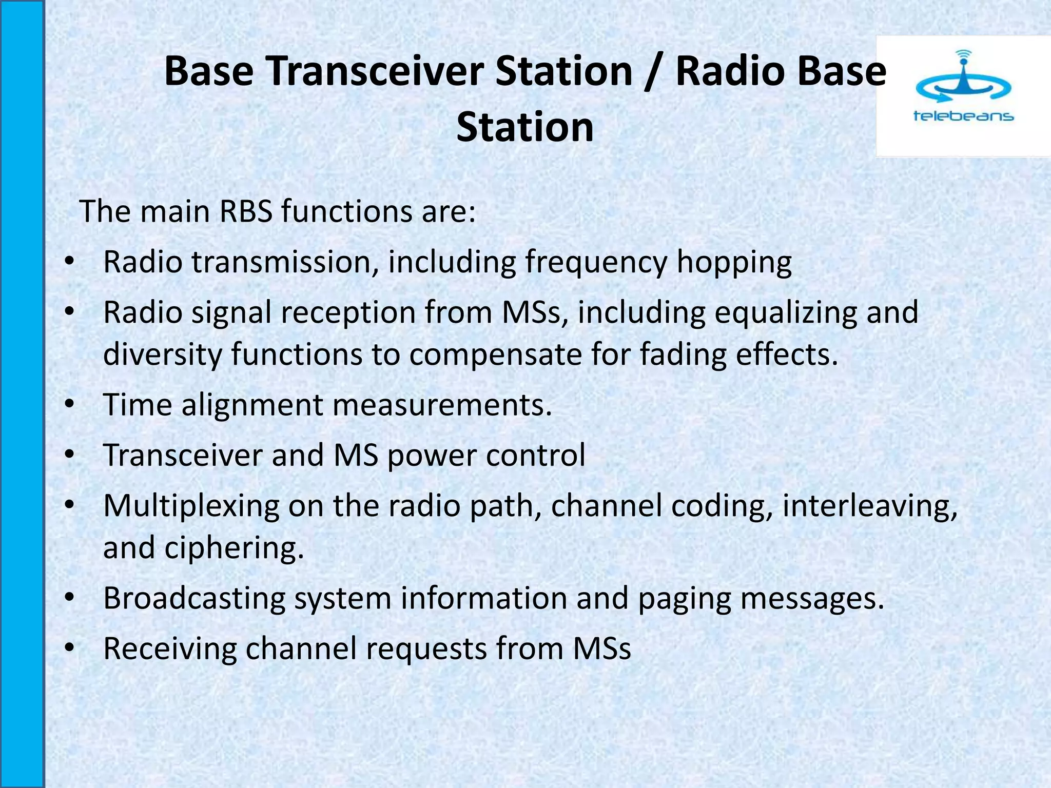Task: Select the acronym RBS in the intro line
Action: coord(245,211)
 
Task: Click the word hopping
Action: coord(734,263)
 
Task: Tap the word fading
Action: coord(683,354)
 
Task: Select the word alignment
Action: coord(252,405)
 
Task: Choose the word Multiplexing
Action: coord(191,506)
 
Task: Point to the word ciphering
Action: coord(234,548)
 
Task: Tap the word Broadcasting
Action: coord(194,598)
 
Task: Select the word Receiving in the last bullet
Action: coord(170,648)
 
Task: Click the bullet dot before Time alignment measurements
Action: coord(70,405)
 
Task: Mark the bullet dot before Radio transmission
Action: coord(70,262)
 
